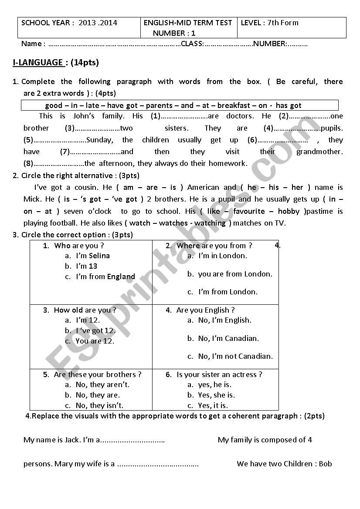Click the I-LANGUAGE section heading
38,63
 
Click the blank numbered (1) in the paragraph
183,116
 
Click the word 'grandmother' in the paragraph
319,152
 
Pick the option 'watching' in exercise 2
210,223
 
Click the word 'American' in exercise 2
203,188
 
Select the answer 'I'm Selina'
93,256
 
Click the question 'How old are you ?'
85,310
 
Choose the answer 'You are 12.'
95,341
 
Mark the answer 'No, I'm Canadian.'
228,339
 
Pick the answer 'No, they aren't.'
102,385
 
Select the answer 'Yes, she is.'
216,395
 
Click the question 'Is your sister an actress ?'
219,375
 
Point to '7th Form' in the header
283,23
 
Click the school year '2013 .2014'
98,23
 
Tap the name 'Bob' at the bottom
325,464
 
